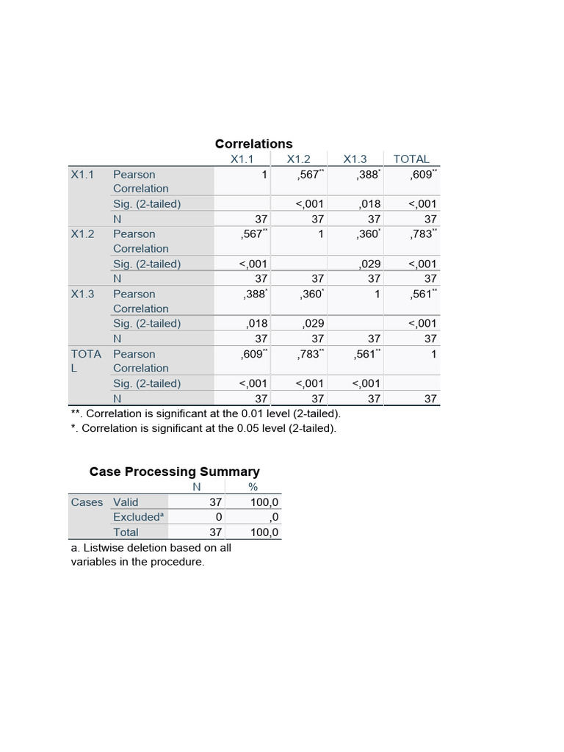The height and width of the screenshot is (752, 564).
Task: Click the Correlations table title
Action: (253, 144)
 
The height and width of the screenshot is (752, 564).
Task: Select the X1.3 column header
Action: (355, 159)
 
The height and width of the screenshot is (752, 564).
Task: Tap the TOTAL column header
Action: (411, 159)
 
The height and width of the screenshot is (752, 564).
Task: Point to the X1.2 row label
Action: (82, 234)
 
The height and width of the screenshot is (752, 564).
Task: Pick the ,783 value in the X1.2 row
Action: (422, 234)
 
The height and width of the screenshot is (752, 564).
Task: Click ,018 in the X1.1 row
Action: (369, 203)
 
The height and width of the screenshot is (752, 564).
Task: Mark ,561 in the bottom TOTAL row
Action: (366, 354)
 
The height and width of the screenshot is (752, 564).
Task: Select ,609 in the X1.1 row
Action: (422, 175)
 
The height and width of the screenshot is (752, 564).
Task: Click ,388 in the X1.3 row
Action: (254, 294)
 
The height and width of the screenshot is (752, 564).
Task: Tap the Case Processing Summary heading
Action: (174, 471)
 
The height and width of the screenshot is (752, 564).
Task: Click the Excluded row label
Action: (137, 517)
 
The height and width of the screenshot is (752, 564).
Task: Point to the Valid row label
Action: (126, 502)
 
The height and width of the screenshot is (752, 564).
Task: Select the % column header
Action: (253, 487)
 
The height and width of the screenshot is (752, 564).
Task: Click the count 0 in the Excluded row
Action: (218, 517)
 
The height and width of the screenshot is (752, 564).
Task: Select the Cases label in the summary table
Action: (87, 502)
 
